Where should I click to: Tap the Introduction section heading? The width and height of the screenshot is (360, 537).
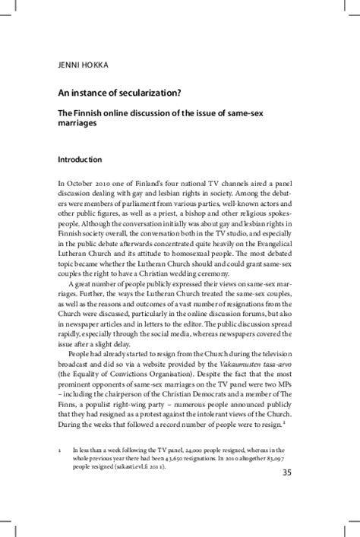tap(81, 160)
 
